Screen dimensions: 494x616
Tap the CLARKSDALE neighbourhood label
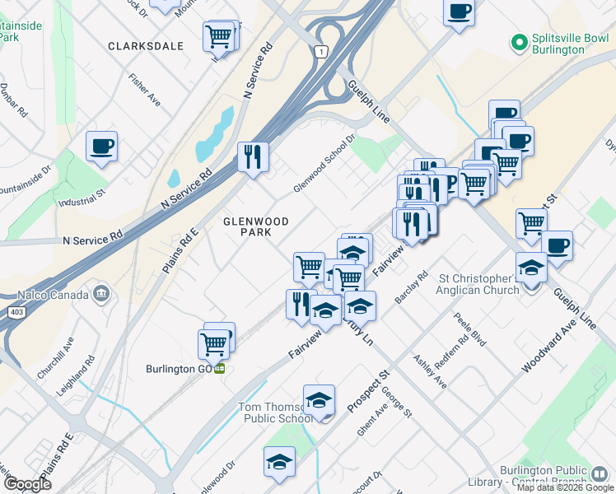[146, 47]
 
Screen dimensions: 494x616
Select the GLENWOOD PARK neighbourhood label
[256, 227]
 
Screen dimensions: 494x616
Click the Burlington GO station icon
[220, 369]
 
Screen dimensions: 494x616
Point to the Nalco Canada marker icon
[102, 292]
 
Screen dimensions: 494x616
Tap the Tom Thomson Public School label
[274, 412]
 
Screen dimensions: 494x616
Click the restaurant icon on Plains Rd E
[253, 156]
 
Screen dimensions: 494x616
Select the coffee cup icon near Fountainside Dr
[101, 147]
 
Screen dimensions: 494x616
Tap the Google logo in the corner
[26, 484]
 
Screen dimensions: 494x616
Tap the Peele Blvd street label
[470, 329]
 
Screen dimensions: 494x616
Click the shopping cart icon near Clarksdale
[218, 35]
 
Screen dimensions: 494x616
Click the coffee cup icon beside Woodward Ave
[557, 245]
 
